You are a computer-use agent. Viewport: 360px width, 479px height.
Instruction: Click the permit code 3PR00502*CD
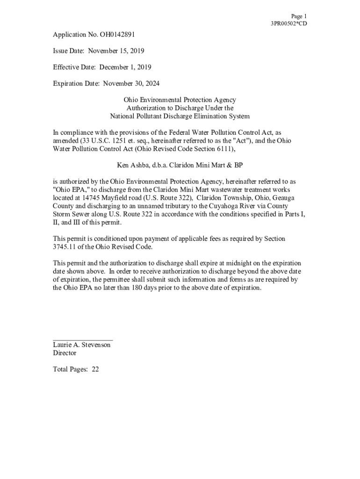tap(289, 24)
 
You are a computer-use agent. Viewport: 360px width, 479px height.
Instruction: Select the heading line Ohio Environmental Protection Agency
tap(180, 100)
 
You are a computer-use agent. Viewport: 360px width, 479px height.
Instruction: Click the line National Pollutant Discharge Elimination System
tap(180, 116)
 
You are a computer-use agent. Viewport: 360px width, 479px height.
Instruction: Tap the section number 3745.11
tap(65, 247)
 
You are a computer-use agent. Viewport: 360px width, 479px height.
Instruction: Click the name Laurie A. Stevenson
tap(82, 345)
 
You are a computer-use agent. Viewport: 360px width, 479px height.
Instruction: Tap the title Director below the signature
tap(65, 353)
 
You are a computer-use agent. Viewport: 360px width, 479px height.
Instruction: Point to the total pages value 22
tap(95, 369)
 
